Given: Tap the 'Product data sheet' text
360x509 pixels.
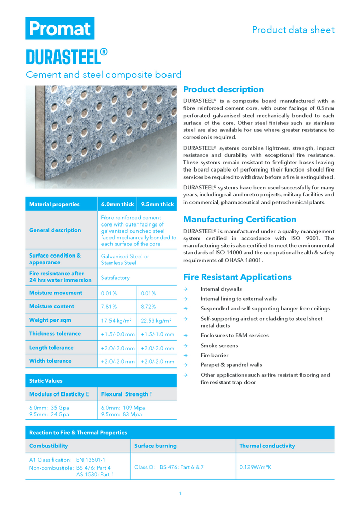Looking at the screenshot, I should tap(293, 30).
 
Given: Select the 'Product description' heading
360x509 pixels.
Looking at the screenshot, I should tap(223, 89).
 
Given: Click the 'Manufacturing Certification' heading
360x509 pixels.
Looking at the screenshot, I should tap(239, 219).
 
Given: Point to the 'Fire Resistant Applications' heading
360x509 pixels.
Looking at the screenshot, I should tap(237, 277).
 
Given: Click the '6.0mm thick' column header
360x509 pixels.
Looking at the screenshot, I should tap(118, 204).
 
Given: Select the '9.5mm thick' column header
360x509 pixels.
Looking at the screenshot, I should tap(157, 204).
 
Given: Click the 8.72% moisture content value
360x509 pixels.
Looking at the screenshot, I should tap(148, 307).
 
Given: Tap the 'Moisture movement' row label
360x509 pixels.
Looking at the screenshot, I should tap(56, 293).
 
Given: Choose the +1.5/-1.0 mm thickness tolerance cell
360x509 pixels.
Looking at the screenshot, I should tap(157, 334).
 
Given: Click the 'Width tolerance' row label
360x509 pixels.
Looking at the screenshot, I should tap(50, 361).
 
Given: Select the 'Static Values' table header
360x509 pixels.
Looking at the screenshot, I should tap(45, 380).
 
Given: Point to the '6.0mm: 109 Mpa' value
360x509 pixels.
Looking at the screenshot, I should tap(123, 408).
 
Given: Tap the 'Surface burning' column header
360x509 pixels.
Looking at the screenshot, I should tap(155, 446).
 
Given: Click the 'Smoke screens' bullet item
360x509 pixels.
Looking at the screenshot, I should tap(219, 346).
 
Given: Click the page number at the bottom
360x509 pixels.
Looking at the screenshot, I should tap(180, 493).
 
